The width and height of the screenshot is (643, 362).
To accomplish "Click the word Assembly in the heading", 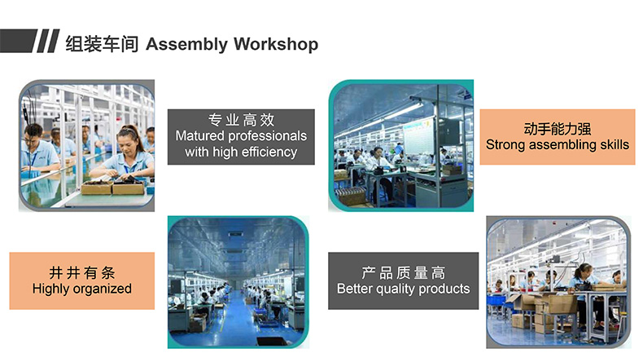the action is click(186, 44).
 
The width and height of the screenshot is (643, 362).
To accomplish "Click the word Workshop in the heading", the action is click(276, 44).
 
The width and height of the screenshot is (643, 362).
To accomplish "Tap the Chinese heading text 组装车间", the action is click(102, 44).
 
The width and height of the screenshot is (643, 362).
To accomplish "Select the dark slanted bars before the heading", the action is click(30, 41).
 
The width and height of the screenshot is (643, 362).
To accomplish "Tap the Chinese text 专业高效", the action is click(241, 120).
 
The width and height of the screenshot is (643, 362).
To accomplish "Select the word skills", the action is click(615, 144).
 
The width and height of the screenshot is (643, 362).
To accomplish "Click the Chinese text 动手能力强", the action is click(558, 129).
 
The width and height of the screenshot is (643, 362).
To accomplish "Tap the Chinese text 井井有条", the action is click(82, 272).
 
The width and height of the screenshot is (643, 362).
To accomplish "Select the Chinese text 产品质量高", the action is click(403, 272).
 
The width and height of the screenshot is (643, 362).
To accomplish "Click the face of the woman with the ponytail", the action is click(127, 141).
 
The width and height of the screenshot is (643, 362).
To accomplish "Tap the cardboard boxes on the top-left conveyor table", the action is click(113, 188).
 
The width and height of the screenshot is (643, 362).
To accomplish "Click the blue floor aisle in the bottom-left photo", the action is click(238, 319).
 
